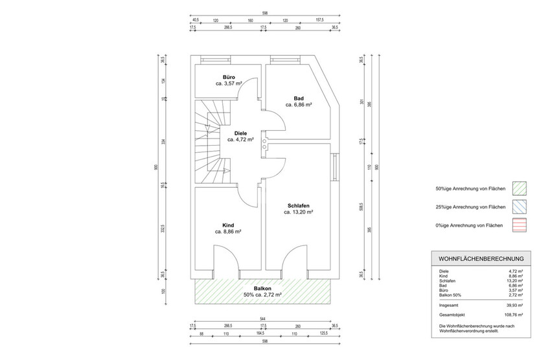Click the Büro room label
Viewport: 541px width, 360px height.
229,77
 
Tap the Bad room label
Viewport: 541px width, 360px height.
299,98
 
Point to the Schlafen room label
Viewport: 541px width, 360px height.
299,205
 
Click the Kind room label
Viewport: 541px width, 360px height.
228,225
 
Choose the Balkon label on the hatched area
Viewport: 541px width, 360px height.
262,288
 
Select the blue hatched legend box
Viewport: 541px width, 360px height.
520,207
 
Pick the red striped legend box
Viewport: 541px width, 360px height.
520,225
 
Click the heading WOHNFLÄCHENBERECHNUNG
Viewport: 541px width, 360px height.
481,259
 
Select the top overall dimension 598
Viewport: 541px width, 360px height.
262,13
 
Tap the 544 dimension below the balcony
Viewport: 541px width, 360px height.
262,318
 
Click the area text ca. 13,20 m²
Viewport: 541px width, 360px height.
299,212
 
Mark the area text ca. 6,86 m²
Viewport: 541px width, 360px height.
299,104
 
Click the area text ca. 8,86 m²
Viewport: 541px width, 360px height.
228,231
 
